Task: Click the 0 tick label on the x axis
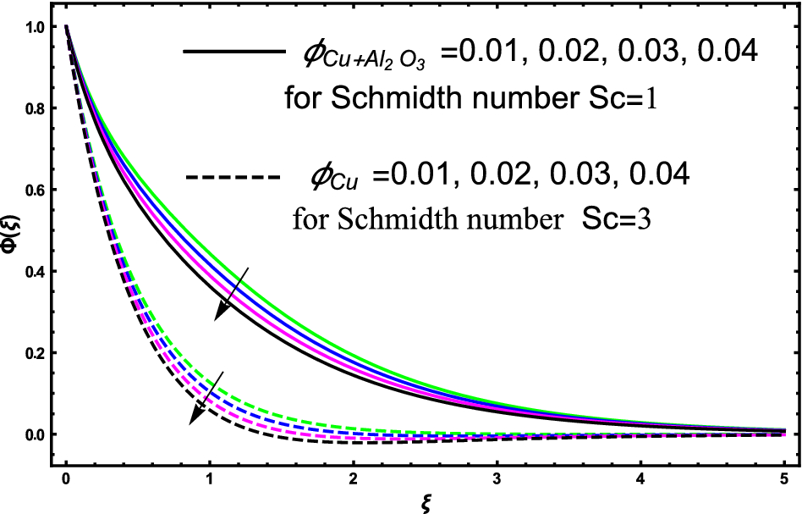[x=66, y=479]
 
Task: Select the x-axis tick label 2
[x=354, y=479]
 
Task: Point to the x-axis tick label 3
[x=497, y=479]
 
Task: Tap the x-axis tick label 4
[x=640, y=479]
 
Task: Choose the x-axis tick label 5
[x=783, y=479]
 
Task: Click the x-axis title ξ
[x=425, y=502]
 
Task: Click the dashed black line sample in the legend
[x=232, y=178]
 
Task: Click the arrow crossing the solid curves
[x=231, y=293]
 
